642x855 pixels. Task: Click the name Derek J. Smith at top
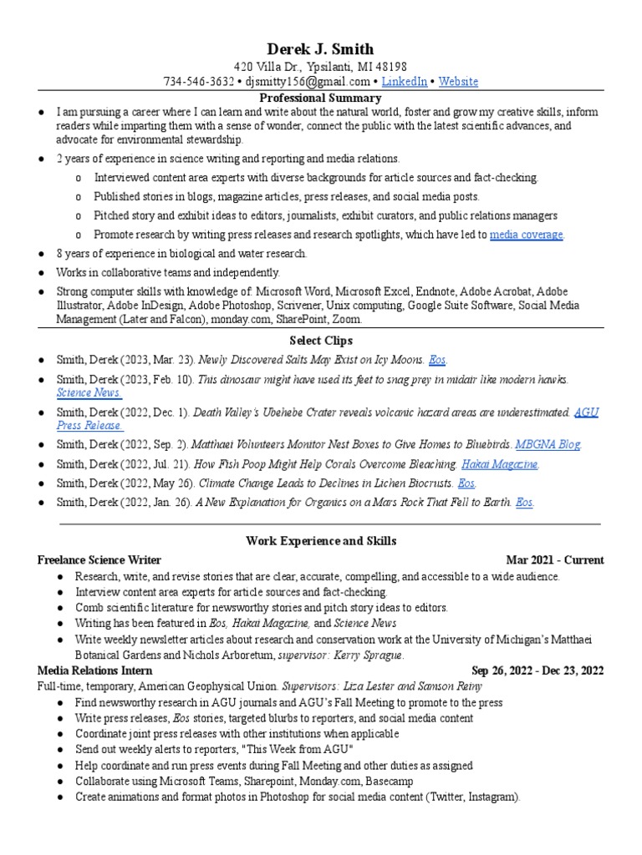point(320,48)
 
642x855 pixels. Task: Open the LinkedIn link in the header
point(405,81)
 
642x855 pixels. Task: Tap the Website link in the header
point(458,81)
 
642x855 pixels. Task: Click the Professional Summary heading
point(320,98)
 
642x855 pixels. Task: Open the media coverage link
point(527,235)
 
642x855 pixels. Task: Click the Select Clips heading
point(320,341)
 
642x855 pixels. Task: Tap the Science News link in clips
point(89,392)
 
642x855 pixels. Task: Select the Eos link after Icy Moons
point(437,360)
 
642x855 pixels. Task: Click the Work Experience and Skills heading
point(320,541)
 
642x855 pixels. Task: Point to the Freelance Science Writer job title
point(99,559)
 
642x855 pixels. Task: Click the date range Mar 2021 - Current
point(554,559)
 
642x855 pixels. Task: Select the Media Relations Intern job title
point(94,670)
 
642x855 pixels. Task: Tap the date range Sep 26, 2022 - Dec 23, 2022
point(538,670)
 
